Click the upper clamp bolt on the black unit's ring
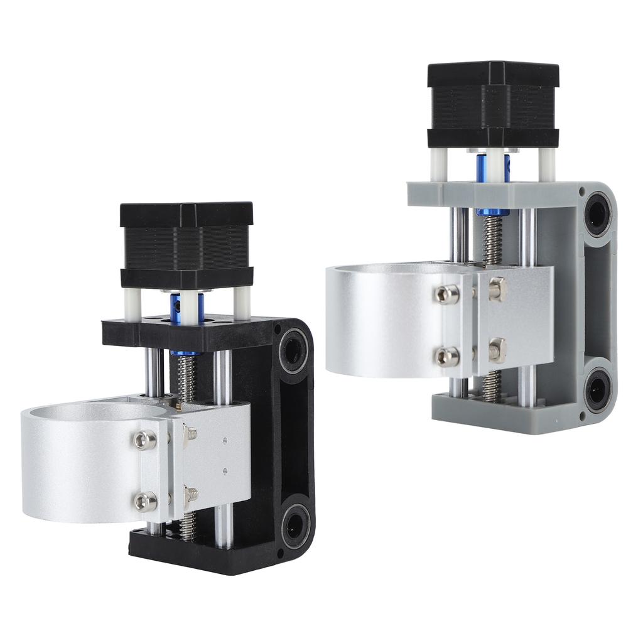[145, 440]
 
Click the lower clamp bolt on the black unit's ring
[145, 501]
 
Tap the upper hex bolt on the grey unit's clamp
[447, 294]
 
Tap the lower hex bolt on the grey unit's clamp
[447, 356]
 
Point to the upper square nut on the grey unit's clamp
[497, 289]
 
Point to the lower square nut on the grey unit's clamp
[497, 350]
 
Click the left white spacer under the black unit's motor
[132, 303]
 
